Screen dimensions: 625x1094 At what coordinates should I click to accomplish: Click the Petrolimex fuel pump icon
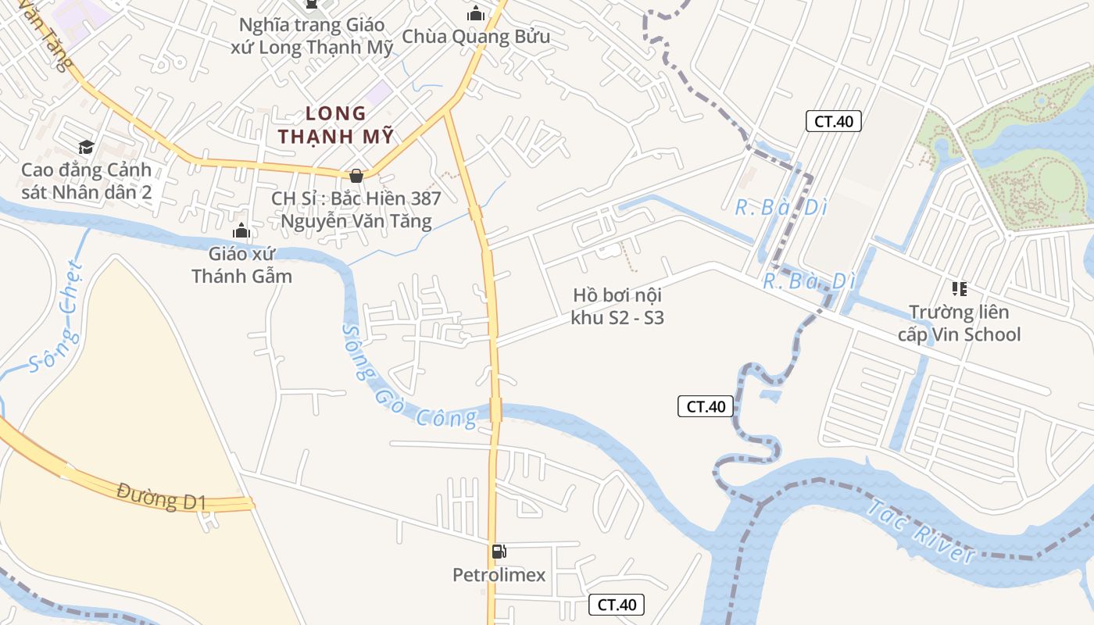click(499, 552)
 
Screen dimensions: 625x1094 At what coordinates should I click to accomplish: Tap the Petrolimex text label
click(499, 576)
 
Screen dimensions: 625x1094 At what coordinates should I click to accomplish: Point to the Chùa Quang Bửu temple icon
click(476, 13)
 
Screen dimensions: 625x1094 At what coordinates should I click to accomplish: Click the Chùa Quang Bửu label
click(476, 37)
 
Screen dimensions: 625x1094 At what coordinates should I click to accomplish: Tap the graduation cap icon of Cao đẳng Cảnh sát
click(86, 147)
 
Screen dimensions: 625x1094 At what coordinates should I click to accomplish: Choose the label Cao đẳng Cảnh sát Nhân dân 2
click(86, 181)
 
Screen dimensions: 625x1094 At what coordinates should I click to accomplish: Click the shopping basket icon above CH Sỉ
click(356, 176)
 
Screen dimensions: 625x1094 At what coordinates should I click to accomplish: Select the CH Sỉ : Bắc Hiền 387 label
click(356, 209)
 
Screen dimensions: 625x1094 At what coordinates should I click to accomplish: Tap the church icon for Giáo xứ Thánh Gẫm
click(241, 230)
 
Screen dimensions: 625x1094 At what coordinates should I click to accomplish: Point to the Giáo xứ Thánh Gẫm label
click(241, 265)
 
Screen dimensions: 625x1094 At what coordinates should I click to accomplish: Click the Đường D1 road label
click(161, 497)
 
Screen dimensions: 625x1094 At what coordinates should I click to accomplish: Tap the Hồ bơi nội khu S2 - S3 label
click(617, 306)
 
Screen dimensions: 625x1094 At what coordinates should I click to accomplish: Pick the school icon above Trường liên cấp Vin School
click(960, 289)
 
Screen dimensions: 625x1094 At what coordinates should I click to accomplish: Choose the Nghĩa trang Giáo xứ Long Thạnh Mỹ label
click(313, 36)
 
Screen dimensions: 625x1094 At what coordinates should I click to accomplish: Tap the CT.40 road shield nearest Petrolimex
click(617, 604)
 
